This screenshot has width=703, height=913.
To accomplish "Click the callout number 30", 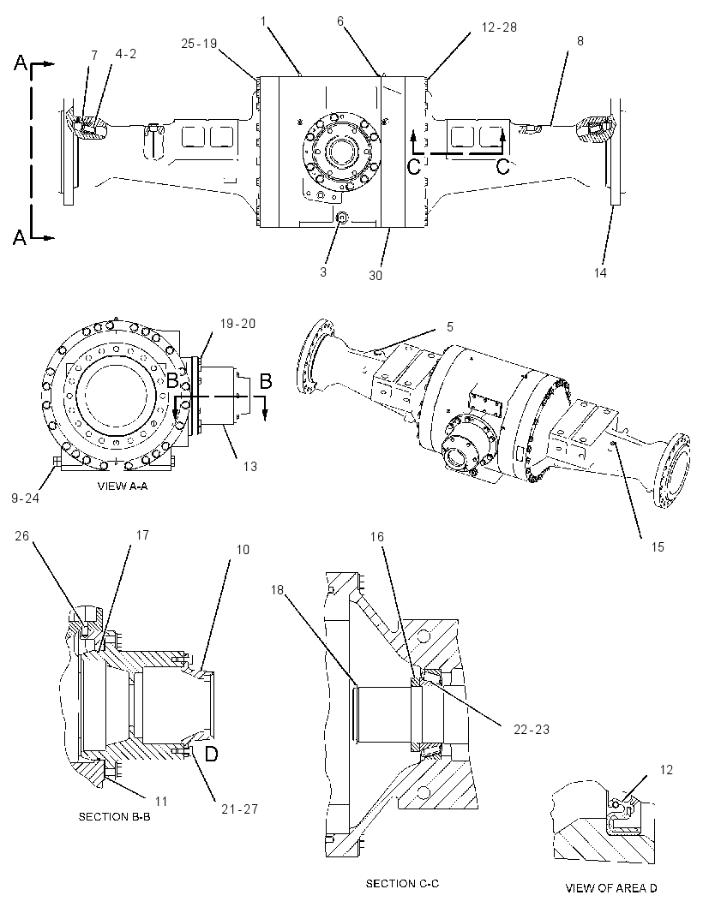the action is tap(376, 275).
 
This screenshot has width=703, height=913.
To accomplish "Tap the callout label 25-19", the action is tap(199, 43).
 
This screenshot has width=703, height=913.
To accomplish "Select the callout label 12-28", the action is tap(500, 27).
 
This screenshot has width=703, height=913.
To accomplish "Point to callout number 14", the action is tap(600, 272).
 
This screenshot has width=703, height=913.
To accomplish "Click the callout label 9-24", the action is tap(25, 498).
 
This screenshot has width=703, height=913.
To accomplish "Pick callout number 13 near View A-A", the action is tap(250, 466).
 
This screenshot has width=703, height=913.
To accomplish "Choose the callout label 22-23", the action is tap(532, 729).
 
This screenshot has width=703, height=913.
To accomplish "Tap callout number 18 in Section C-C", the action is tap(277, 590).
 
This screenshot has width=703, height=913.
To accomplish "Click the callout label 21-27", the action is tap(239, 809).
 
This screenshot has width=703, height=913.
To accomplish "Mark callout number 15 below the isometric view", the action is tap(658, 546).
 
